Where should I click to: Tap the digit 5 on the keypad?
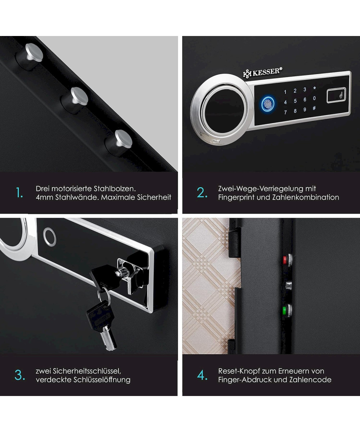click(x=295, y=101)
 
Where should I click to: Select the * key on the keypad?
click(x=315, y=88)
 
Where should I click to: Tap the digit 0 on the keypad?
click(x=314, y=98)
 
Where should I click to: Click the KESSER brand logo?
click(x=263, y=72)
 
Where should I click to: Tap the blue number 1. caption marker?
click(x=19, y=193)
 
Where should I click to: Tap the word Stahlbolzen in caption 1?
click(x=115, y=189)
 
